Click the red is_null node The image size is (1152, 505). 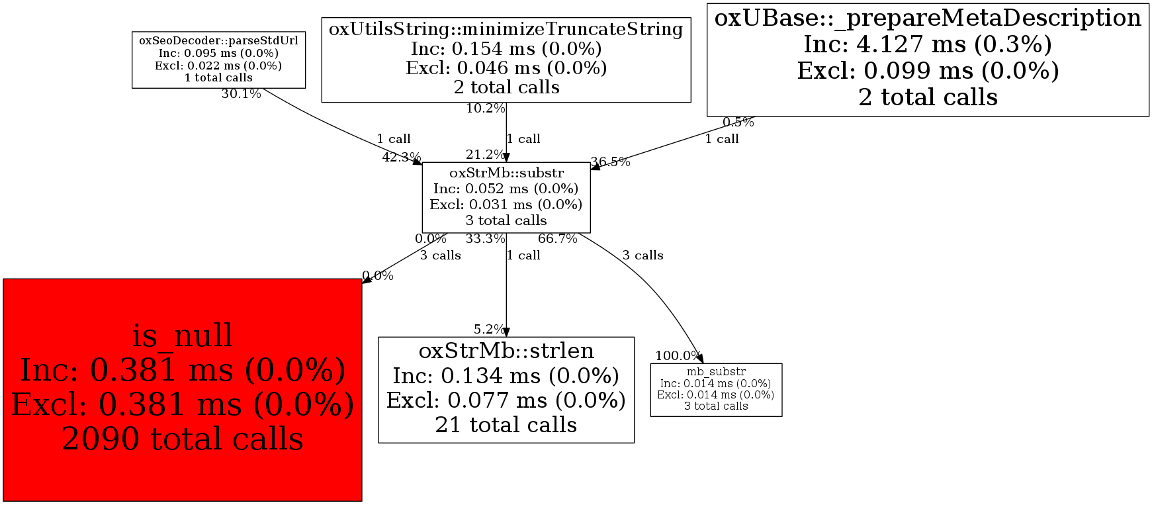click(182, 389)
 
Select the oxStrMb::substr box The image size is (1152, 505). click(506, 197)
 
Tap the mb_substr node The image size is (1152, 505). click(716, 389)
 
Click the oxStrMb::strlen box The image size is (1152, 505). click(506, 389)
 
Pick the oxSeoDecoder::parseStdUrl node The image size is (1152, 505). click(218, 59)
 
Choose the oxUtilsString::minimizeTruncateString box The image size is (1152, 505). click(506, 59)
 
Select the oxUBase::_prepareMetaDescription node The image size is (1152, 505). click(928, 59)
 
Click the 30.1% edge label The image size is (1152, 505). click(241, 94)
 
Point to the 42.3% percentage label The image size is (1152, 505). click(401, 157)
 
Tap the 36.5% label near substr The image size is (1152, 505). click(610, 161)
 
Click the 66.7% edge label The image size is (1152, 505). click(557, 238)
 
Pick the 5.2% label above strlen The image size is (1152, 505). click(489, 329)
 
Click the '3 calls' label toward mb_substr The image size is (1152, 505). click(642, 255)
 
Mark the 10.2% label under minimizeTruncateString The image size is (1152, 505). click(485, 109)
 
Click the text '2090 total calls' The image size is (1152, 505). click(182, 439)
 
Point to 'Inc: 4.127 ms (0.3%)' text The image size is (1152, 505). click(928, 44)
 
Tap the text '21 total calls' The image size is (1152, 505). click(506, 425)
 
